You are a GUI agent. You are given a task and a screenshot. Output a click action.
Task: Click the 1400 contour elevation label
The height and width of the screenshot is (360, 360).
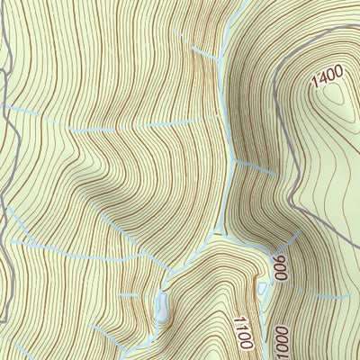coord(328,80)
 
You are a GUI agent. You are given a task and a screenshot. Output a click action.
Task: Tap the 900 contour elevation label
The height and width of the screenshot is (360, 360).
coord(280,267)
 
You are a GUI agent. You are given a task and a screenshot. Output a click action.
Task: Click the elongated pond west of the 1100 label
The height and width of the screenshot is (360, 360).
coord(162,306)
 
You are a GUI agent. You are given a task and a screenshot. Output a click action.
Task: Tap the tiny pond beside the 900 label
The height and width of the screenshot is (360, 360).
coord(265,287)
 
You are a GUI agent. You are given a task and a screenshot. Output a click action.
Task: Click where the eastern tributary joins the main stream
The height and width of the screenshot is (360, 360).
coord(236,163)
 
